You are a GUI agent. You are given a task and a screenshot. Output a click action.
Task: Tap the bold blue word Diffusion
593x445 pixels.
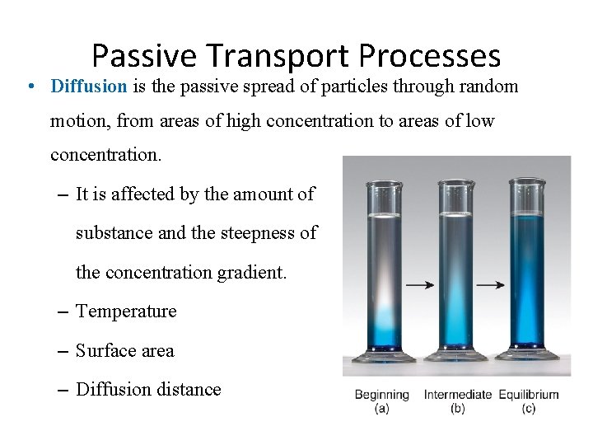pos(88,86)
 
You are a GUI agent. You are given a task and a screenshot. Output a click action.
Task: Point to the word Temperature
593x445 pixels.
pos(126,311)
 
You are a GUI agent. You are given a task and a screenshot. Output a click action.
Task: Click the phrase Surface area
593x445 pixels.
pos(125,351)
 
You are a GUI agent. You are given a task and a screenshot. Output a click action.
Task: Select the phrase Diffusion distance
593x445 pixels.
pos(148,390)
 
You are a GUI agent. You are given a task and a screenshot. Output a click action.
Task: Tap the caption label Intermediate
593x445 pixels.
pos(458,396)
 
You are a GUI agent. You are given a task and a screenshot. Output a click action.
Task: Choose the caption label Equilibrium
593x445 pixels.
pos(528,396)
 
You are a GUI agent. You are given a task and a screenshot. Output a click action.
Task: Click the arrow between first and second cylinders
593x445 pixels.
pos(421,285)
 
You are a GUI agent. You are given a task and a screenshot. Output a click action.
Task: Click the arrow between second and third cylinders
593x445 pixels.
pos(492,285)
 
